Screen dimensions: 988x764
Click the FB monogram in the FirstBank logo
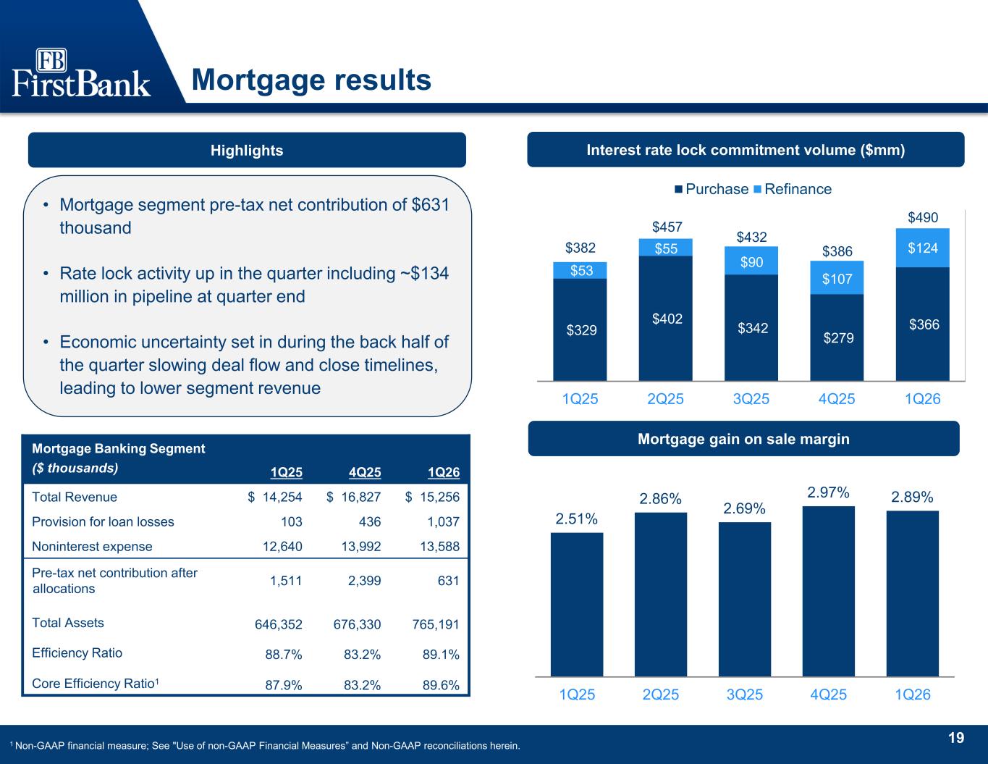pos(51,60)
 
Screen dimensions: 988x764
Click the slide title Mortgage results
pos(311,80)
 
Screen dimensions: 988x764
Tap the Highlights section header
pos(247,150)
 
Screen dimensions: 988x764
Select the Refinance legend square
pos(758,189)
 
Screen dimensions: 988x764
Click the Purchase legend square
pos(678,189)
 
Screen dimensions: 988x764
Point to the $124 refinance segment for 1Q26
pos(923,248)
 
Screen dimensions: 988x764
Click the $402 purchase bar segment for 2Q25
pos(666,319)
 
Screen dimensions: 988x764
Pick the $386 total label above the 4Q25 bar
pos(837,251)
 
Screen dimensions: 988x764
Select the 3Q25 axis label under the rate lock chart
pos(751,399)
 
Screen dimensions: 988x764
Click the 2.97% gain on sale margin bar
pos(829,591)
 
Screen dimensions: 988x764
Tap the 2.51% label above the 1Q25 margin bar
pos(577,519)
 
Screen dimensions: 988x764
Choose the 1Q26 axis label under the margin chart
pos(913,694)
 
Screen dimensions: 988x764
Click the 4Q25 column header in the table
pos(365,472)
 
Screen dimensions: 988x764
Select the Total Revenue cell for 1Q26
pos(432,497)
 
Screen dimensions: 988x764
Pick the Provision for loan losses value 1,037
pos(443,521)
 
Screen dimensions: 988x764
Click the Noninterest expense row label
pos(92,546)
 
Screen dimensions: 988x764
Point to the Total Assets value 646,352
pos(278,624)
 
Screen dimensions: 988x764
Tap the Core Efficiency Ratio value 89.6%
pos(441,685)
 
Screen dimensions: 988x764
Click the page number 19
pos(956,738)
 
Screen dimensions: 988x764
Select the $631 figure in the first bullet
pos(431,205)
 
